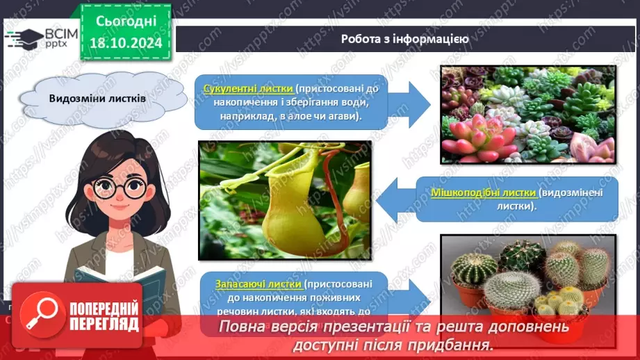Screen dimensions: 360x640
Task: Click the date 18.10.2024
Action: [126, 43]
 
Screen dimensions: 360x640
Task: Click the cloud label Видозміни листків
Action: [97, 98]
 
